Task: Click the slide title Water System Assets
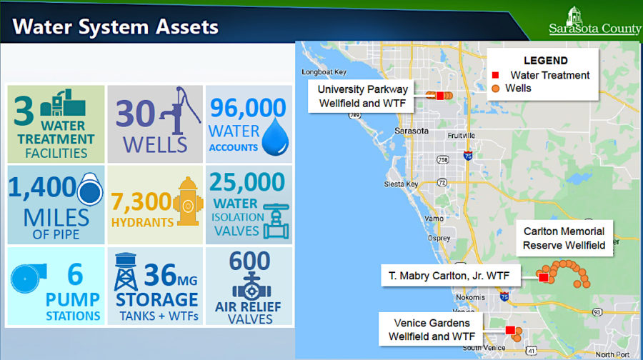[x=116, y=28]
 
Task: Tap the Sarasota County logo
[x=584, y=21]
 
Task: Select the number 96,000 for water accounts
[x=247, y=108]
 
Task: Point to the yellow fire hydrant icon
[x=187, y=202]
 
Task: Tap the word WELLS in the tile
[x=154, y=144]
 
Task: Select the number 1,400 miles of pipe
[x=42, y=187]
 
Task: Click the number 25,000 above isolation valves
[x=247, y=182]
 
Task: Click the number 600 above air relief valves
[x=249, y=261]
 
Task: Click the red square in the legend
[x=495, y=75]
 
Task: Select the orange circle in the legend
[x=495, y=89]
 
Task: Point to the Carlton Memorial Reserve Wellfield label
[x=564, y=239]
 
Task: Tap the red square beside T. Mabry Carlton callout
[x=543, y=277]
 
